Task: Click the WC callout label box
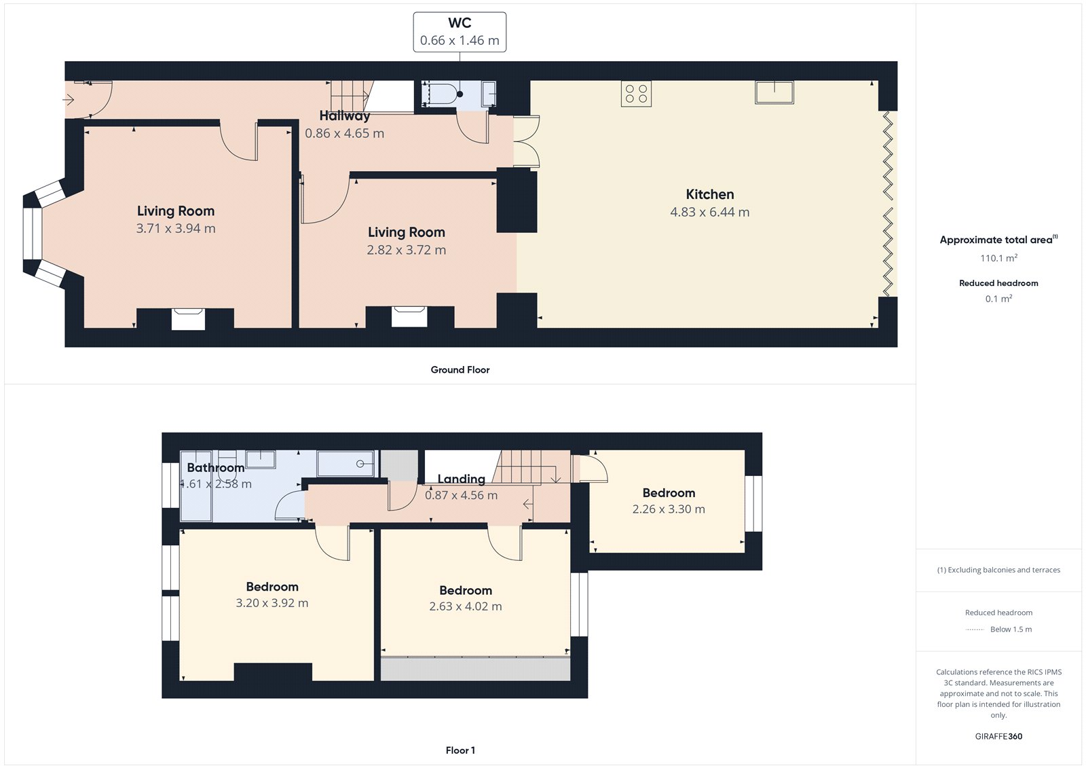(460, 32)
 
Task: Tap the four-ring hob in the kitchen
(636, 94)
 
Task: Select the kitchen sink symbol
(774, 92)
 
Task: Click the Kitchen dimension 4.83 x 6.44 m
(709, 212)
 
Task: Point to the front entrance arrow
(69, 100)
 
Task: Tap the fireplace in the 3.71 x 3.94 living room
(188, 318)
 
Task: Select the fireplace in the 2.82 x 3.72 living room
(409, 316)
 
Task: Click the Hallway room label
(345, 115)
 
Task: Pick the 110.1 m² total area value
(998, 258)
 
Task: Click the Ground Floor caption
(460, 369)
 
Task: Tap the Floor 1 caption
(460, 750)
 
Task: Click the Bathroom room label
(215, 468)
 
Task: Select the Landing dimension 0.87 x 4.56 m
(461, 495)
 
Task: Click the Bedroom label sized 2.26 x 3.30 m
(669, 493)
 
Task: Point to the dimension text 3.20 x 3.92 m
(271, 603)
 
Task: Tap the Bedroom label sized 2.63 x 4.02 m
(465, 590)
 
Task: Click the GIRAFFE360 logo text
(998, 736)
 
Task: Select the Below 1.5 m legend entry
(1010, 629)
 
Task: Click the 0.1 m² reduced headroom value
(998, 299)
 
